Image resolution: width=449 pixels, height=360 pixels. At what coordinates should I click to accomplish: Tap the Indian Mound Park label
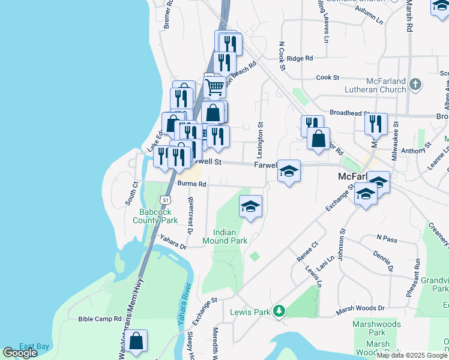pyautogui.click(x=230, y=236)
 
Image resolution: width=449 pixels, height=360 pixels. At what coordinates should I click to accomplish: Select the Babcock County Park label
pyautogui.click(x=158, y=216)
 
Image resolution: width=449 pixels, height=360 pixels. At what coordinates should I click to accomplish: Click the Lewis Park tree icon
pyautogui.click(x=279, y=311)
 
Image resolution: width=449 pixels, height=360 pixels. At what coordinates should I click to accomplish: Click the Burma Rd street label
pyautogui.click(x=192, y=184)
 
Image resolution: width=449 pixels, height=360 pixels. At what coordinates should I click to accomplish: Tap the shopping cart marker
pyautogui.click(x=214, y=87)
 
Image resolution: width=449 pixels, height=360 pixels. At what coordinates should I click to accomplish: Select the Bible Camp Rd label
pyautogui.click(x=100, y=319)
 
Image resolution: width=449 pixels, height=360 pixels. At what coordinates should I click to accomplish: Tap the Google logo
pyautogui.click(x=19, y=353)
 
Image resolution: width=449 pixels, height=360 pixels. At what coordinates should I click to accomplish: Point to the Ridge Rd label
pyautogui.click(x=300, y=58)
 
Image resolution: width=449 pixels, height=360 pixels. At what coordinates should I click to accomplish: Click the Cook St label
pyautogui.click(x=328, y=77)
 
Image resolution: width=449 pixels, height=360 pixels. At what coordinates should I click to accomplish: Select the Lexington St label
pyautogui.click(x=261, y=141)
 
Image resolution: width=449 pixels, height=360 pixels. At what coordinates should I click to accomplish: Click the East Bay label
pyautogui.click(x=34, y=346)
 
